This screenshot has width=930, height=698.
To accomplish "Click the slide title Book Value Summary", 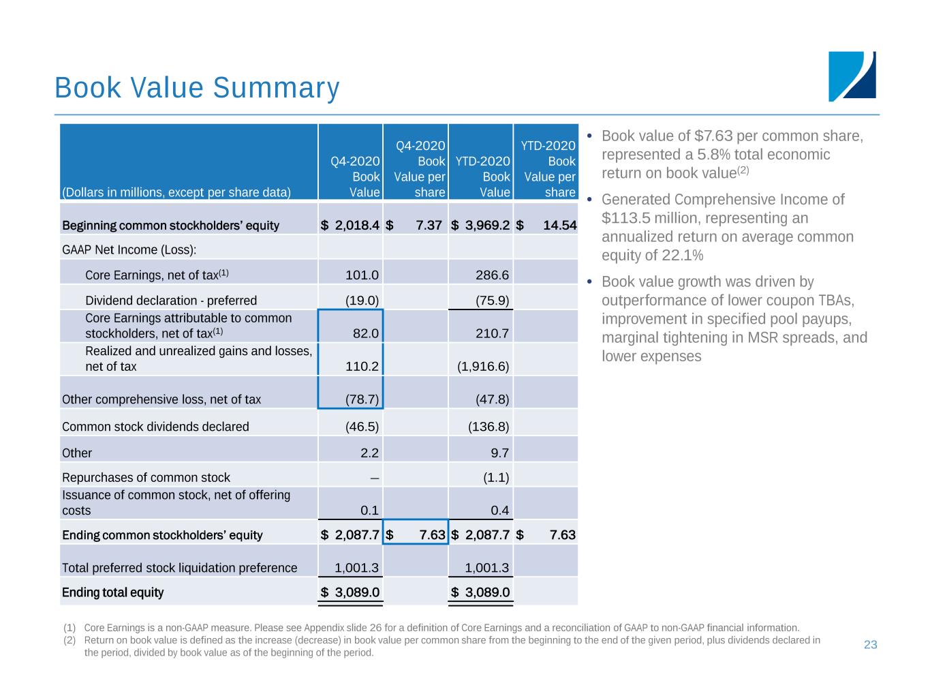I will pos(197,88).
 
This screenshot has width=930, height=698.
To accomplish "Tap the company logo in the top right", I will pos(852,76).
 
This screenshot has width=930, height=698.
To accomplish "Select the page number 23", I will pos(870,645).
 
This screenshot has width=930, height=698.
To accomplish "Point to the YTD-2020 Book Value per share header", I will pos(549,168).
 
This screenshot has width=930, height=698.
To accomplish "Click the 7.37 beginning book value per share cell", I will pos(429,225).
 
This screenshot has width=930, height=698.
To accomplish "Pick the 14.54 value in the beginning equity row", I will pos(559,225).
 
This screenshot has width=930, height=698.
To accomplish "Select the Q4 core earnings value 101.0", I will pos(362,275).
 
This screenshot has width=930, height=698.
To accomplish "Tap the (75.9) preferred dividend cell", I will pos(492,301).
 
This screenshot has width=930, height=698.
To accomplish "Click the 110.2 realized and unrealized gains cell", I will pos(362,366).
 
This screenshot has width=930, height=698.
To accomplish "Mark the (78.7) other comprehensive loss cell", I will pos(362,399).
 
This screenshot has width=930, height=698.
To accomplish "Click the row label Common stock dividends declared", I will pos(155,427).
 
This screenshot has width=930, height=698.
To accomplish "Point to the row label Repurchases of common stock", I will pos(146,478).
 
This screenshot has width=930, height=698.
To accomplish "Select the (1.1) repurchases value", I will pos(495,478).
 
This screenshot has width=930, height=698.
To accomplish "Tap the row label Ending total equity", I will pos(112,592).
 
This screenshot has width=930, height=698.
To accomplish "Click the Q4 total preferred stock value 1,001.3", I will pos(357,568).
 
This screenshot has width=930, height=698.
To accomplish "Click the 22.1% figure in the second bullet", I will pos(683,256).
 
